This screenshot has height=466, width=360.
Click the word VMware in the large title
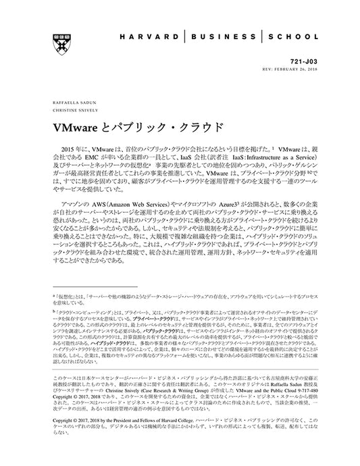[x=76, y=128]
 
